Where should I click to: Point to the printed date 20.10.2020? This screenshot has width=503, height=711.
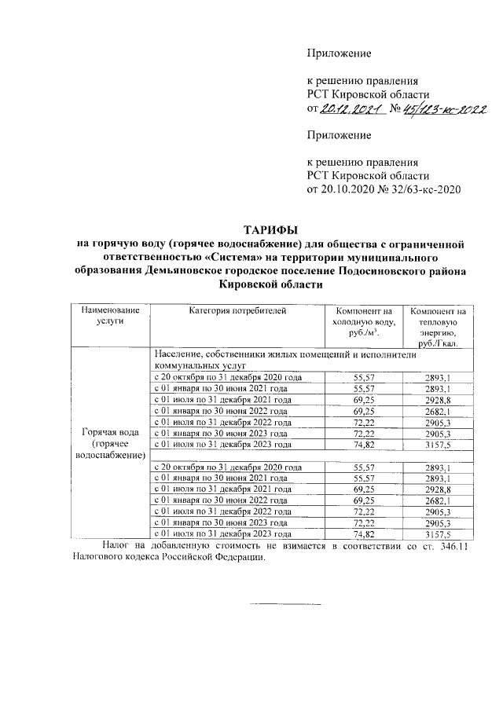(x=349, y=189)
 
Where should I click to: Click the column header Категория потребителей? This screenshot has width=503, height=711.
(x=237, y=312)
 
